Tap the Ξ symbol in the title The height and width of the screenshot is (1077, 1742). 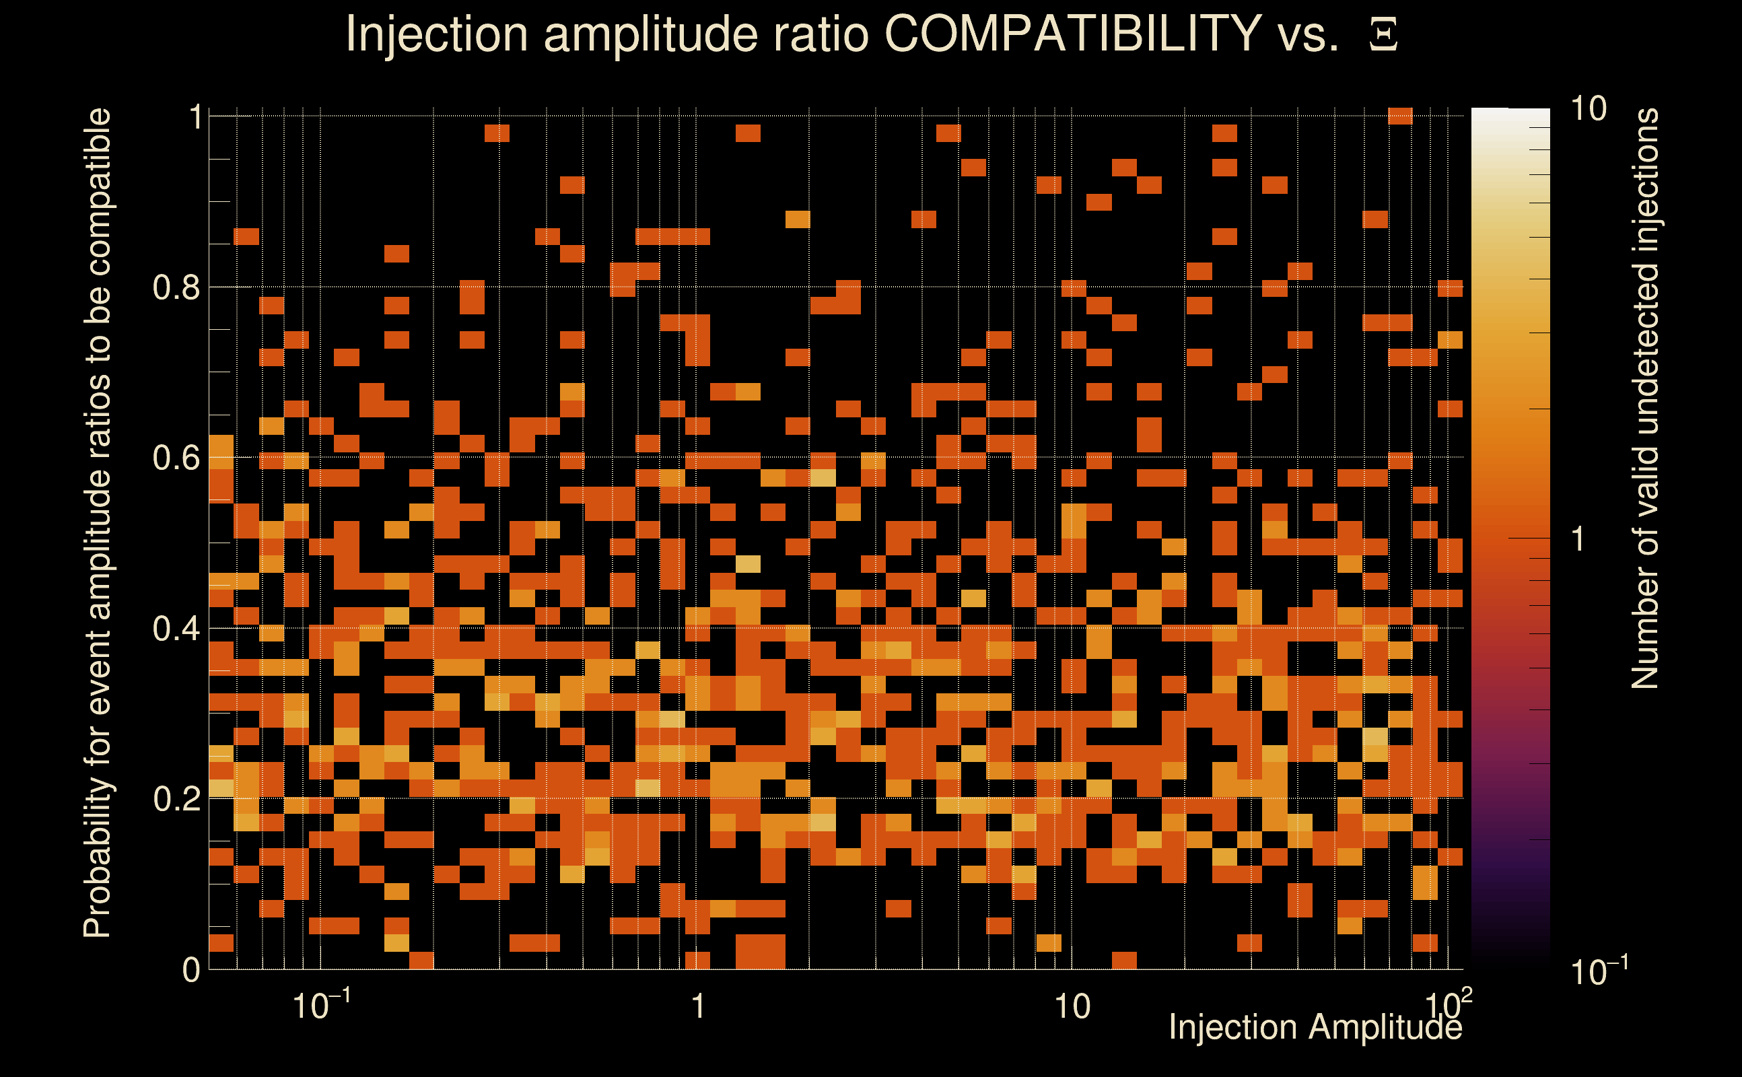pos(1383,34)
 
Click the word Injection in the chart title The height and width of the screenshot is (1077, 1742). pos(437,34)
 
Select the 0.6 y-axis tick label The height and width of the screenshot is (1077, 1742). pos(176,457)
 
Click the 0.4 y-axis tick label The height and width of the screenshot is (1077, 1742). pos(176,628)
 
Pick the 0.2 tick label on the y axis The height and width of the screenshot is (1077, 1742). pos(176,798)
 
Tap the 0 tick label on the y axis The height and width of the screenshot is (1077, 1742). pos(191,970)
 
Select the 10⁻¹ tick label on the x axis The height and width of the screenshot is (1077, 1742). pos(321,1005)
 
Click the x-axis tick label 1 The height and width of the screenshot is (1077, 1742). pos(699,1006)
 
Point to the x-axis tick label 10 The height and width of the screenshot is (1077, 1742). pos(1072,1006)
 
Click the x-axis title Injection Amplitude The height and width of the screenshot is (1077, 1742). pos(1315,1027)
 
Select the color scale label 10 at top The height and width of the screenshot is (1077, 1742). pos(1588,109)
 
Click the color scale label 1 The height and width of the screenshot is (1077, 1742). pos(1578,539)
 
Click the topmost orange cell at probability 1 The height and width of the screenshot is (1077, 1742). pos(1400,116)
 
